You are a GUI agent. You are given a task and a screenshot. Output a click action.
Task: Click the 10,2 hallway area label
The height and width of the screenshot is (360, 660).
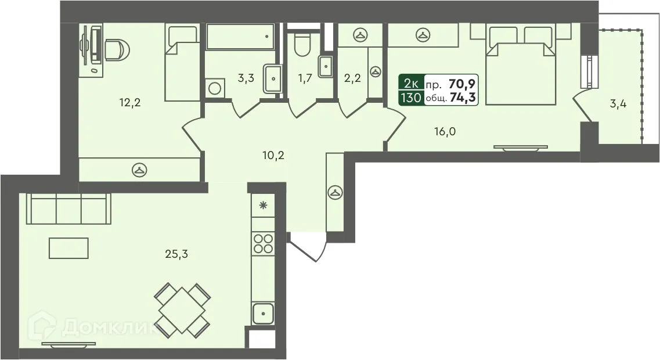click(272, 155)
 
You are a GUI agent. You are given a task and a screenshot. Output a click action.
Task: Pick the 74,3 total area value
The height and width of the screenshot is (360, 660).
click(463, 98)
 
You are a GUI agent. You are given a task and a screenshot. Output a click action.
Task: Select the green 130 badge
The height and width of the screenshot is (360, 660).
click(410, 98)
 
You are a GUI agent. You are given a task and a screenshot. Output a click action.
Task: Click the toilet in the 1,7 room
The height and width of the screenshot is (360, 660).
click(302, 45)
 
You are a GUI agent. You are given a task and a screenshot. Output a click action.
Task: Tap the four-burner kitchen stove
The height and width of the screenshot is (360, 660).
click(263, 242)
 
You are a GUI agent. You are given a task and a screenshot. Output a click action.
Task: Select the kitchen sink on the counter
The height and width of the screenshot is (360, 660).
click(262, 314)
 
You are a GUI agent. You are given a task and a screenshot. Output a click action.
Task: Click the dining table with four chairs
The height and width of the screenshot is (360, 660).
click(182, 311)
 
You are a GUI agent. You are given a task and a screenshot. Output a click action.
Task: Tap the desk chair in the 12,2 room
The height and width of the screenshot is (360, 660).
click(116, 49)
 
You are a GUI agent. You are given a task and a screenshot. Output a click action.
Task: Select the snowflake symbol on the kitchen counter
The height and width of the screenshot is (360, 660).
click(263, 204)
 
